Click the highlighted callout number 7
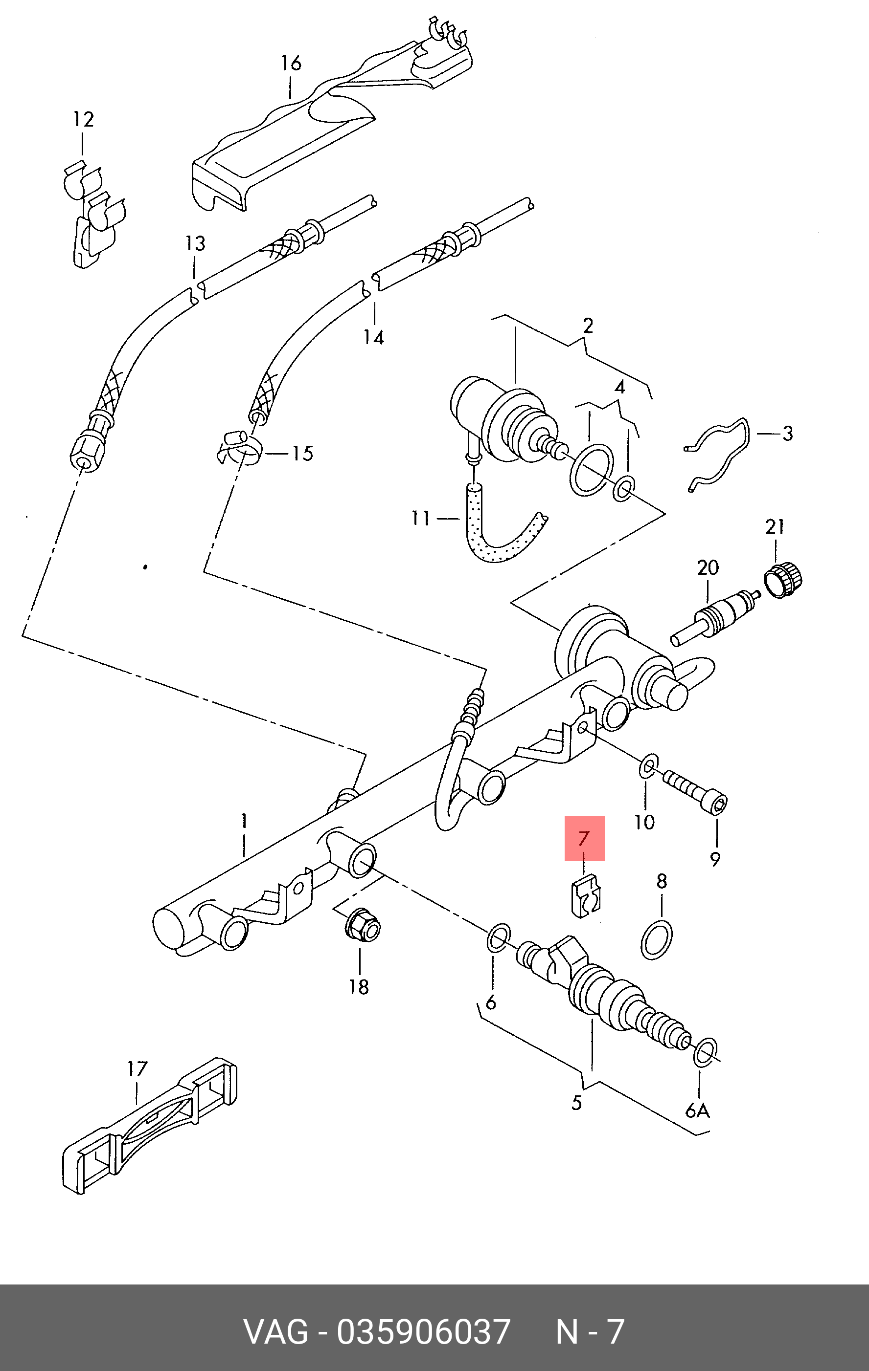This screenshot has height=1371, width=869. [x=584, y=839]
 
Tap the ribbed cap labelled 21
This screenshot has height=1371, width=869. [x=783, y=579]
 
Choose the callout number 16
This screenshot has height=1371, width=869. [x=291, y=63]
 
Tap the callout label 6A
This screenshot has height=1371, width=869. [x=697, y=1110]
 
